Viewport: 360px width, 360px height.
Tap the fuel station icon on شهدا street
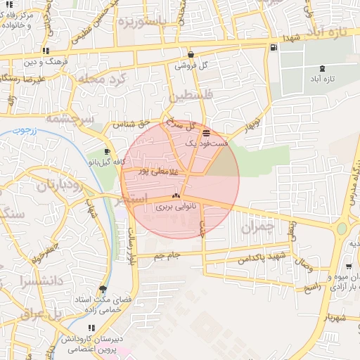pyautogui.click(x=273, y=47)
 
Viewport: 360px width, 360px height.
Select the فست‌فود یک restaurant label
pyautogui.click(x=207, y=143)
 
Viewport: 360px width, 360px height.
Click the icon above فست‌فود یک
pyautogui.click(x=205, y=132)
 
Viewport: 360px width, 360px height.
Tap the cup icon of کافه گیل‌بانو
pyautogui.click(x=106, y=151)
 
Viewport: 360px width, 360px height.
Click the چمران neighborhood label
pyautogui.click(x=255, y=229)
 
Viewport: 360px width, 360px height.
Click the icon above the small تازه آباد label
pyautogui.click(x=322, y=68)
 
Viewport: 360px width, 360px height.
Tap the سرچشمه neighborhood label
pyautogui.click(x=69, y=119)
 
